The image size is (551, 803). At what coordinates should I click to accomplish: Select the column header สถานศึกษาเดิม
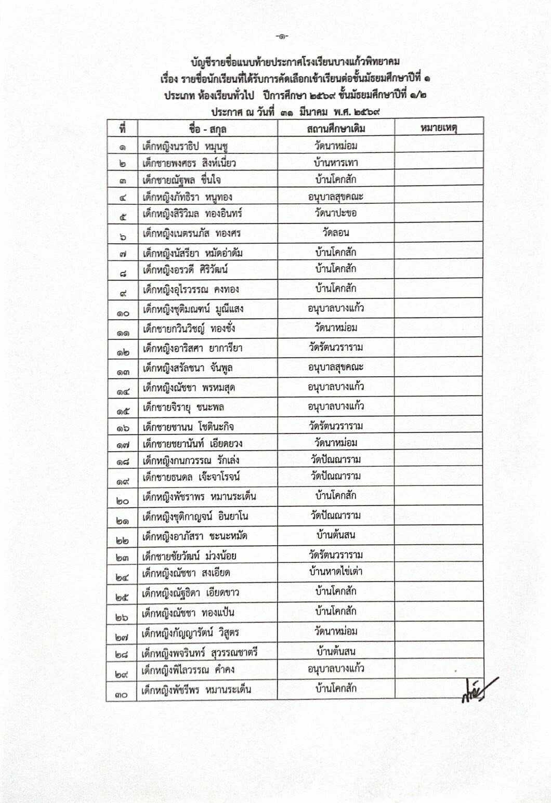(336, 128)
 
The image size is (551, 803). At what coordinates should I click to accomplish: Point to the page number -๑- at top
(283, 36)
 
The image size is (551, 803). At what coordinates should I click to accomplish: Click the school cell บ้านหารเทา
(336, 163)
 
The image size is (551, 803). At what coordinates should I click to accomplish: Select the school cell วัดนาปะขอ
(336, 213)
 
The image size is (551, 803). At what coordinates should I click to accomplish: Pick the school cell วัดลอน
(336, 232)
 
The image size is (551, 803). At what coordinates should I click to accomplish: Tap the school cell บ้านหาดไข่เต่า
(336, 572)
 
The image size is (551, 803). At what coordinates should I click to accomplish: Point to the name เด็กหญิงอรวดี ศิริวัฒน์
(186, 270)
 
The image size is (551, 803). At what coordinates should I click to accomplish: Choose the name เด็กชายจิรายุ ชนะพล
(183, 407)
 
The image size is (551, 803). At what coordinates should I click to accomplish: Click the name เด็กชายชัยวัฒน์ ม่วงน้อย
(189, 556)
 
